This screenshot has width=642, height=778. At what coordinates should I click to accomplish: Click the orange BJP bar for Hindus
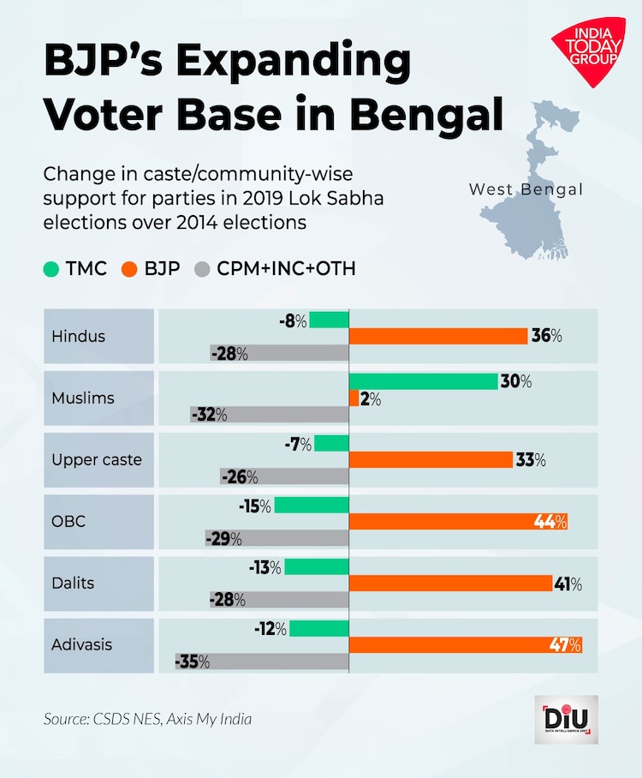tap(438, 336)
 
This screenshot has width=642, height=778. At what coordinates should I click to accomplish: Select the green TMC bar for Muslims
tap(424, 382)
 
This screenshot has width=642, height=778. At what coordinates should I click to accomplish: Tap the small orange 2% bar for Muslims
tap(354, 398)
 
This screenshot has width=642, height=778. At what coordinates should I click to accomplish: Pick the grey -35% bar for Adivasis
tap(262, 661)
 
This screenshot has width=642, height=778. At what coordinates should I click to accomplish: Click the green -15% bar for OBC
tap(312, 506)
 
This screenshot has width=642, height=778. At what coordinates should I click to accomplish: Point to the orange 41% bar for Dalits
tap(450, 583)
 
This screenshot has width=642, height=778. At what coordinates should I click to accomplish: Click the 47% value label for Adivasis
tap(564, 645)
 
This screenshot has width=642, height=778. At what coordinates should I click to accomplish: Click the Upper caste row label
tap(97, 460)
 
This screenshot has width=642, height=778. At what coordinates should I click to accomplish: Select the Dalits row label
tap(73, 583)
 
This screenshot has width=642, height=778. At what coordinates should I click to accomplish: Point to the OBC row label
tap(68, 522)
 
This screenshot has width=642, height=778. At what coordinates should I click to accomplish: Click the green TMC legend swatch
tap(51, 269)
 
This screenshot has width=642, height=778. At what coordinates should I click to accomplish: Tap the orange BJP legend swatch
tap(129, 269)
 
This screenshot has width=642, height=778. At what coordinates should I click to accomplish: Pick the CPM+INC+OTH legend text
tap(286, 269)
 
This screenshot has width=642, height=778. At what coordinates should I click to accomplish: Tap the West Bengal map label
tap(526, 189)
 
